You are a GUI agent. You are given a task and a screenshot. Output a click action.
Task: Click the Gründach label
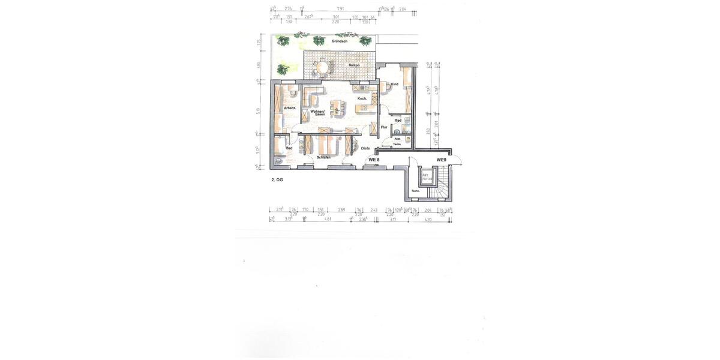coord(338,42)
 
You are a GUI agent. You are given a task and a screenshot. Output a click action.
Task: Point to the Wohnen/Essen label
coord(318,112)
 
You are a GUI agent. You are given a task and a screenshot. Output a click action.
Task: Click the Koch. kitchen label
coord(362,98)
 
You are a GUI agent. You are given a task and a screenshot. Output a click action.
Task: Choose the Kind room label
coord(394,85)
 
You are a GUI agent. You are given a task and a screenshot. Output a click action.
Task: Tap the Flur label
coord(383,127)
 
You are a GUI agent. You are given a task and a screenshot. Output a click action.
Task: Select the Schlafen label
coord(323,157)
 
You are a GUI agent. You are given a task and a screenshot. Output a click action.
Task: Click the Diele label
coord(365,148)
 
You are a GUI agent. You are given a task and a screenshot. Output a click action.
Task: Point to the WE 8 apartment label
coord(374,160)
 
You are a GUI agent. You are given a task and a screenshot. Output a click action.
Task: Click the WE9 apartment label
coord(442,160)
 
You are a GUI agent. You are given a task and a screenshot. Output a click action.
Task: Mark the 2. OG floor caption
coord(277,179)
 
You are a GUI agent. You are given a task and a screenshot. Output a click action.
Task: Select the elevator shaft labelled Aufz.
coord(427,178)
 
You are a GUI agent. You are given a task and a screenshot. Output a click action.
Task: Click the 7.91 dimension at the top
coord(340,9)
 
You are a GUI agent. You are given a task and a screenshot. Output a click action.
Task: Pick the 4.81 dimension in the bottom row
coord(328,220)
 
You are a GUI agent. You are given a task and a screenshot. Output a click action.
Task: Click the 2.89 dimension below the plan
coord(341,210)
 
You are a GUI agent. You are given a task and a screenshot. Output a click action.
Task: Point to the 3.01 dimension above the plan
coord(336,17)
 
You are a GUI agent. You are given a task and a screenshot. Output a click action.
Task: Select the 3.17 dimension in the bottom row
coord(393,220)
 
